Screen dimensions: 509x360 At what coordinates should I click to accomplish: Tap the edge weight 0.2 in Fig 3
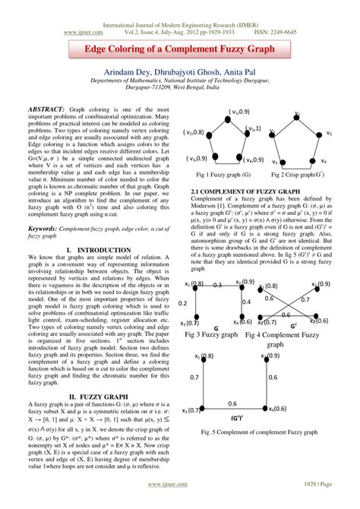click(x=182, y=302)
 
